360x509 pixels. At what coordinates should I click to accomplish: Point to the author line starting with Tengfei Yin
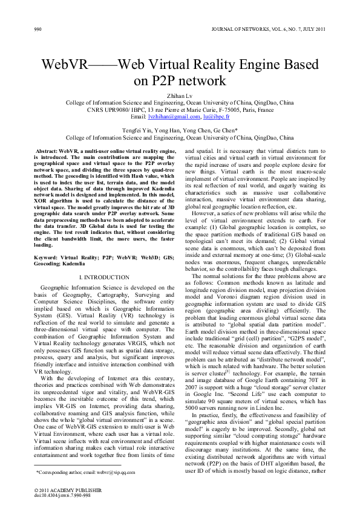click(x=180, y=130)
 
